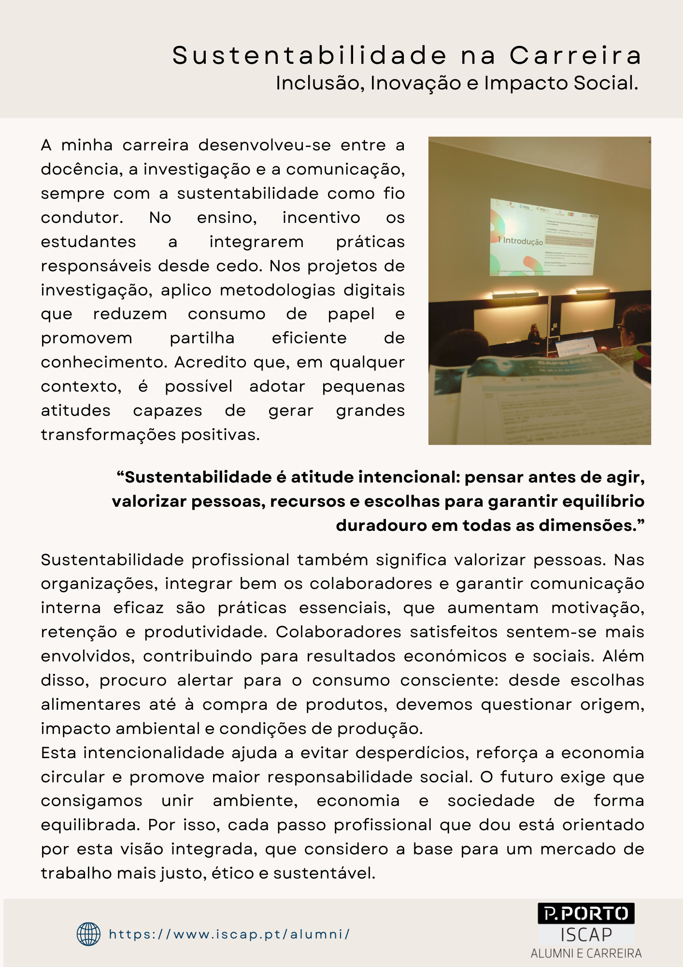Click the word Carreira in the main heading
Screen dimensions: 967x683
click(x=576, y=56)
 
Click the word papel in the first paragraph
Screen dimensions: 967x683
click(x=351, y=314)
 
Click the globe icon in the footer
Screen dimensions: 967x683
click(x=89, y=934)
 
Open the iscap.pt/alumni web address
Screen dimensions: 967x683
click(x=229, y=934)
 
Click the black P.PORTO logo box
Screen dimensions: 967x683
click(x=586, y=913)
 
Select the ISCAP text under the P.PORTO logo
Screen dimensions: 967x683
click(x=586, y=935)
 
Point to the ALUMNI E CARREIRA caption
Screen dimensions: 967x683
click(x=586, y=953)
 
